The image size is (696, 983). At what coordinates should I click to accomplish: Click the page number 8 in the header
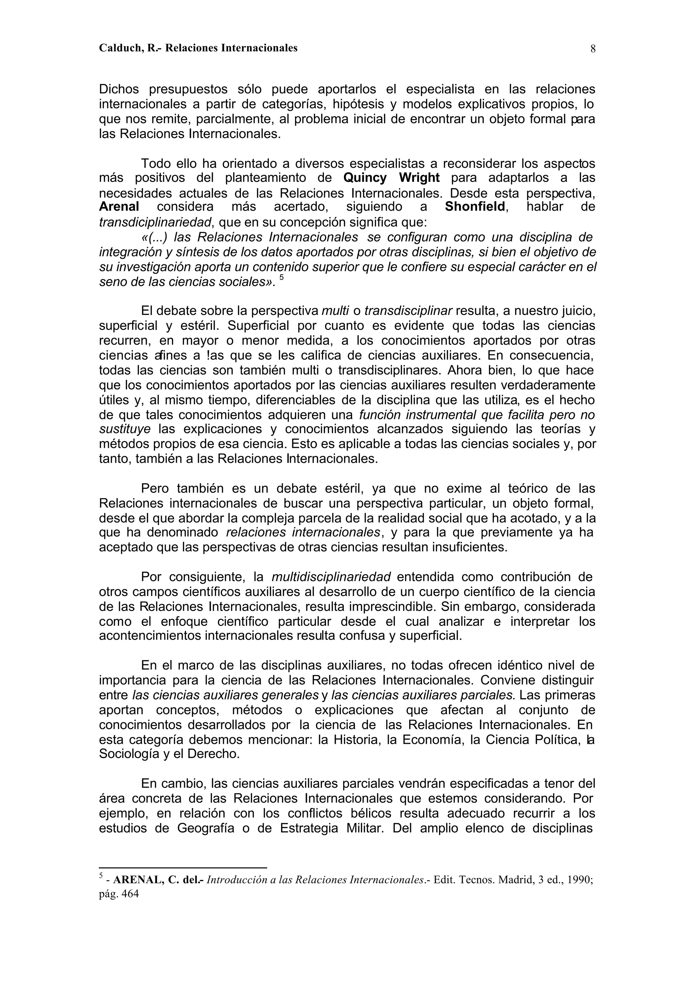click(x=593, y=49)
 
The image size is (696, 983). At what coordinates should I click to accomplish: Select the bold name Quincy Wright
click(x=391, y=178)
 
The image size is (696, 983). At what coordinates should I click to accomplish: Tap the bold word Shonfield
click(x=475, y=207)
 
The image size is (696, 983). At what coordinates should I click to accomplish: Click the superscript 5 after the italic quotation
click(x=282, y=277)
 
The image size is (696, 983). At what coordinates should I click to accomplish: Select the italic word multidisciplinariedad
click(x=331, y=577)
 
